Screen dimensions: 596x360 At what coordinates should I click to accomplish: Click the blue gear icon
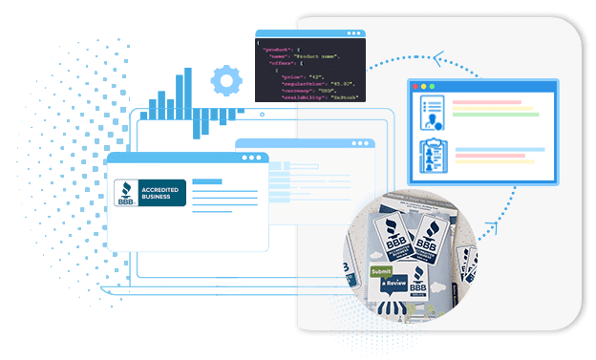coord(225,81)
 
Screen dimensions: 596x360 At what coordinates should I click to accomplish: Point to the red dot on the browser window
coord(415,87)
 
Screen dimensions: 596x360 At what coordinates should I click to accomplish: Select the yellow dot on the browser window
coord(426,87)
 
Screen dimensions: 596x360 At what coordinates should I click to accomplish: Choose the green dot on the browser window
coord(436,87)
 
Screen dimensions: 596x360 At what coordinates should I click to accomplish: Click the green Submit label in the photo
coord(380,271)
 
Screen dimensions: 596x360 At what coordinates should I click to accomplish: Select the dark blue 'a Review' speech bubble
coord(394,285)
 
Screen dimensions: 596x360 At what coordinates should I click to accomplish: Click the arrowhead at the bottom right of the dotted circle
coord(489,230)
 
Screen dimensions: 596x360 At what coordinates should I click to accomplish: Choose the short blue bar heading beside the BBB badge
coord(204,180)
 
